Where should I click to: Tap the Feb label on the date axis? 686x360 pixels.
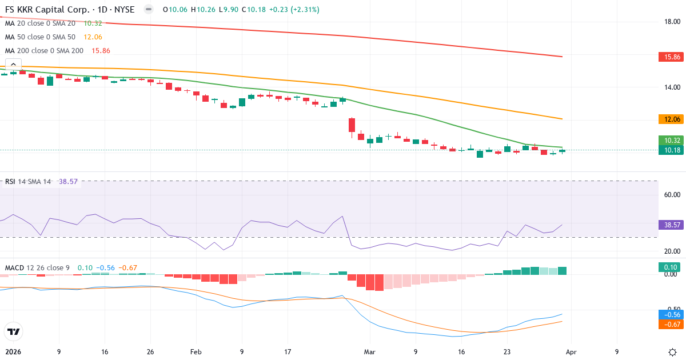[196, 352]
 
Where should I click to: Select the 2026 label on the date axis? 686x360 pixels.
[13, 352]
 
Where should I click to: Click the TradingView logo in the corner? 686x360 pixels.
[14, 331]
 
